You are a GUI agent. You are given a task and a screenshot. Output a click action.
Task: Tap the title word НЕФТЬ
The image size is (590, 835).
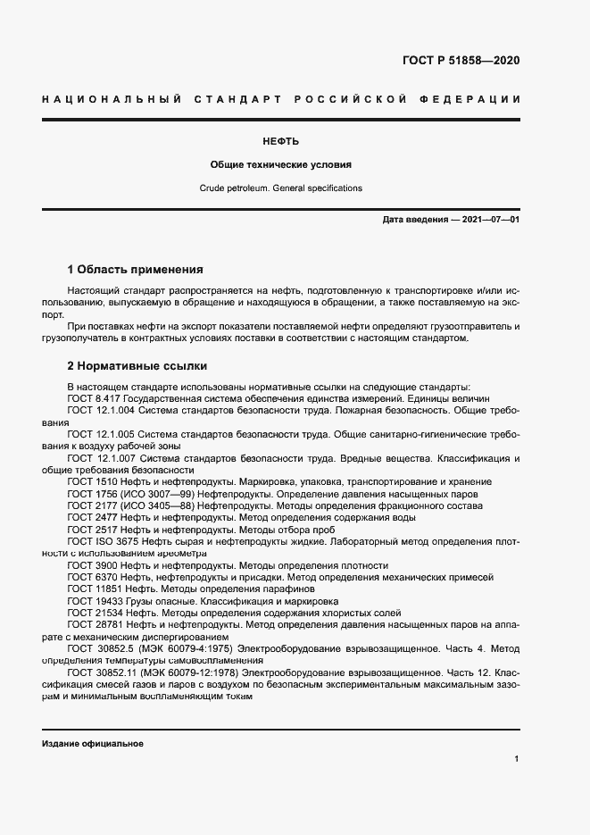(x=280, y=141)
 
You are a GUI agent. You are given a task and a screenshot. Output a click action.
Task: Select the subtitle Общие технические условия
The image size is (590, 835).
(x=280, y=165)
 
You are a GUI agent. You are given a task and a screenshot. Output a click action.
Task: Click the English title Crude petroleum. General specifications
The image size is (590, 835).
(x=280, y=188)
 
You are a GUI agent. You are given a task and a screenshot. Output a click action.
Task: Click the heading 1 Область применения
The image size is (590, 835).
(x=136, y=269)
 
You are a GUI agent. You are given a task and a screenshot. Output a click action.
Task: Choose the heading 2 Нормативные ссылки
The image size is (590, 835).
(x=137, y=366)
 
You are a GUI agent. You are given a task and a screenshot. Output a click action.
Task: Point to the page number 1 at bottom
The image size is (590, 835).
(x=517, y=758)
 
